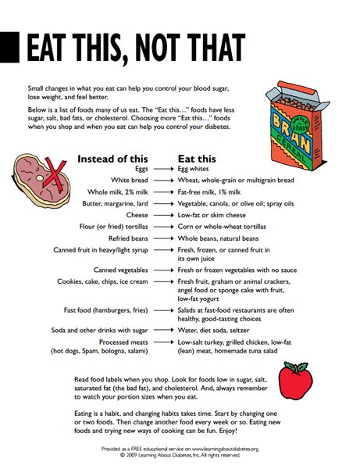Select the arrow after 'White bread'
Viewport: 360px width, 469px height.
tap(162, 180)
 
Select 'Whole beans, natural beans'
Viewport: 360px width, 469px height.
tap(218, 238)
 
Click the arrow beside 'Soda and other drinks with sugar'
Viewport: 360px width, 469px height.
tap(162, 331)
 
